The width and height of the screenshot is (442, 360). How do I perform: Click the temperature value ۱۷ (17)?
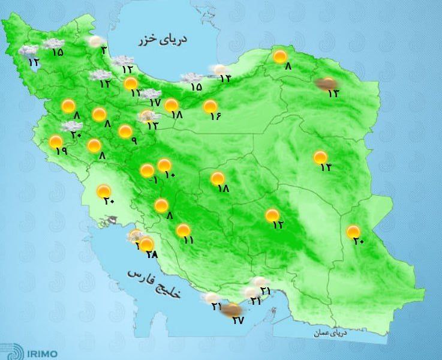(156, 103)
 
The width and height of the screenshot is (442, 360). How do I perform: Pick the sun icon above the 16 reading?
(210, 107)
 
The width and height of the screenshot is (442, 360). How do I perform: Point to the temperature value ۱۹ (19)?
(61, 151)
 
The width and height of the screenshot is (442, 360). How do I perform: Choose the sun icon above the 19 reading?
(56, 142)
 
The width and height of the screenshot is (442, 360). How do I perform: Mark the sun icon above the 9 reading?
(125, 131)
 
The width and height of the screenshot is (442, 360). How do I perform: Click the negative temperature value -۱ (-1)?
(152, 181)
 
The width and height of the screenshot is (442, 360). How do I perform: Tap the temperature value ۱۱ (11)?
(188, 240)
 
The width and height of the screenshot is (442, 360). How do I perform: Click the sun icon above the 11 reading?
(183, 230)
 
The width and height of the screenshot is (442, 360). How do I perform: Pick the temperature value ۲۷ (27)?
(239, 320)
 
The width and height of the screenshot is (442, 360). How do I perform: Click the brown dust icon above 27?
(230, 310)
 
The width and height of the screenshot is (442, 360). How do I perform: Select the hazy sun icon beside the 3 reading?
(95, 41)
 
